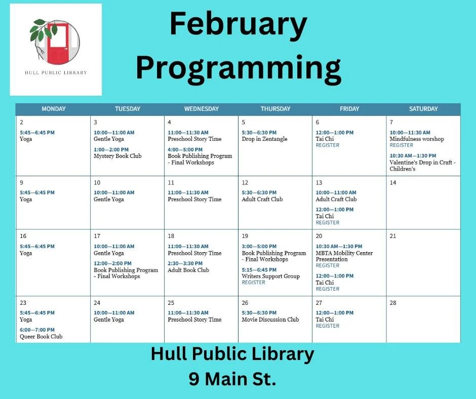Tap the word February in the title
(238, 25)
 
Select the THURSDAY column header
(275, 109)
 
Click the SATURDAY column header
(423, 109)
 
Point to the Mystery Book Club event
(117, 156)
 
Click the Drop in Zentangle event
(264, 139)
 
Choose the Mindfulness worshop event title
(416, 139)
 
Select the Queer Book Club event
(41, 336)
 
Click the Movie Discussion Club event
(270, 320)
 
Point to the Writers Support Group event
(270, 276)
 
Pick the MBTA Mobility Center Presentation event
(344, 256)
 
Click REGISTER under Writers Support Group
(253, 283)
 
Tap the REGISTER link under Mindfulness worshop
(401, 145)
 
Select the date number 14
(393, 183)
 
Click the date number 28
(393, 303)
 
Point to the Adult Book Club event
(188, 270)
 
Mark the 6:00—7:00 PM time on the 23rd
(37, 330)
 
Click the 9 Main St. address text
(232, 379)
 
